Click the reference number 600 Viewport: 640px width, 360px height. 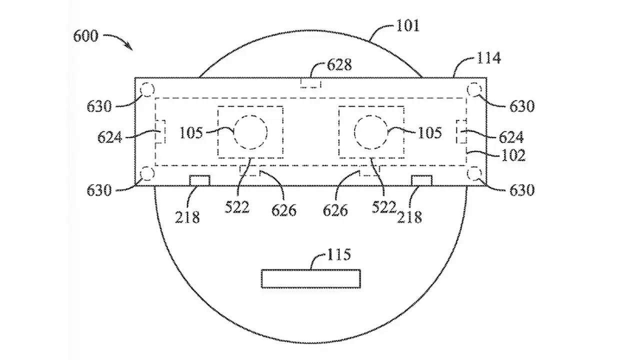tap(86, 36)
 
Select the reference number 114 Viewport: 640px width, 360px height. tap(488, 58)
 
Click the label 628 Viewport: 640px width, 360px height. tap(339, 65)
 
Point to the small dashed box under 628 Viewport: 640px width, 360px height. tap(310, 83)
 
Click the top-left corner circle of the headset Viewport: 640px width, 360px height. tap(147, 90)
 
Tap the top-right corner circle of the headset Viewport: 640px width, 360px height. tap(473, 90)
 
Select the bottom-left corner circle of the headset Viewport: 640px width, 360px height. tap(147, 173)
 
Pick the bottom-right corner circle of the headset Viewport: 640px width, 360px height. tap(473, 173)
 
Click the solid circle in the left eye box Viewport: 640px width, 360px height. tap(251, 132)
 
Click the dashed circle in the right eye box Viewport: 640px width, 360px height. tap(370, 132)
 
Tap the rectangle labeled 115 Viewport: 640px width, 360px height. tap(311, 278)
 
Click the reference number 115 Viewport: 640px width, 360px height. tap(338, 254)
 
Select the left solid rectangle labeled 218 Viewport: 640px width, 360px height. tap(199, 180)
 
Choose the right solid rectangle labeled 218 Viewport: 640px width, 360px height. tap(421, 180)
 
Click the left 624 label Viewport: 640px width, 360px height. tap(110, 137)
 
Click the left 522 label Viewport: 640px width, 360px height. tap(237, 207)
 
